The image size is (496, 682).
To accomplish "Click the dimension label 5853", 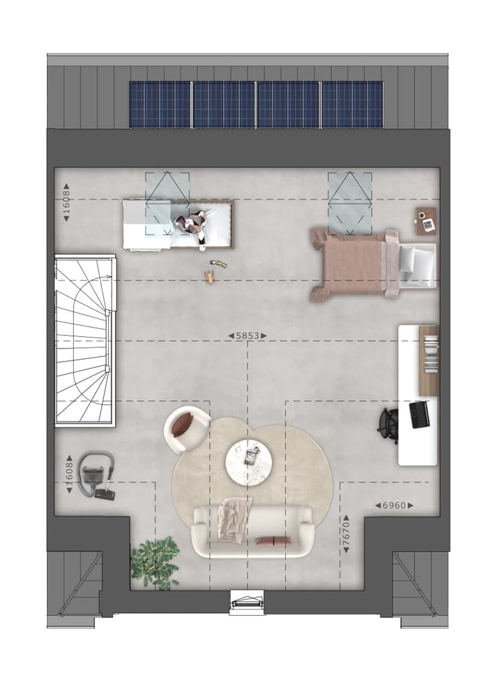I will pyautogui.click(x=247, y=335).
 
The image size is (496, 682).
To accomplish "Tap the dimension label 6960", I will pyautogui.click(x=394, y=506).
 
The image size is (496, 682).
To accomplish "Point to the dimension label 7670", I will pyautogui.click(x=347, y=533).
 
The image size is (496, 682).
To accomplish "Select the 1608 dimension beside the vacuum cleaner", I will pyautogui.click(x=69, y=475).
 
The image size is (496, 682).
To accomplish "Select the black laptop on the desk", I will pyautogui.click(x=420, y=414).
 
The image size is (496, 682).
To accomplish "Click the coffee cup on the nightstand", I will pyautogui.click(x=420, y=215).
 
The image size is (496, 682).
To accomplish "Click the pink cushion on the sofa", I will pyautogui.click(x=271, y=541).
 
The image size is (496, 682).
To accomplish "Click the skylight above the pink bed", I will pyautogui.click(x=349, y=201).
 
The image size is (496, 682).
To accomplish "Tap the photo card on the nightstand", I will pyautogui.click(x=429, y=225).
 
